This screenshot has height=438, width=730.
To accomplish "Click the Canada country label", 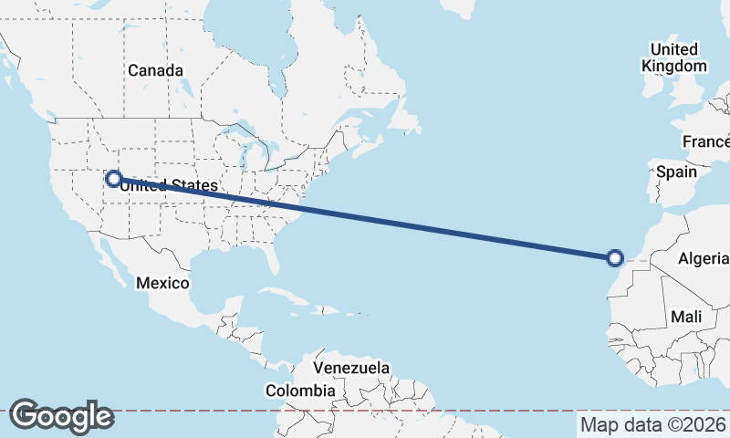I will [x=155, y=70].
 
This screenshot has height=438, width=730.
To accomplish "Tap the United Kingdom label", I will [x=674, y=57].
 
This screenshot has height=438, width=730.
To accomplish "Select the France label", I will [x=707, y=141].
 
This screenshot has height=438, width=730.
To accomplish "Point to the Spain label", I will [x=676, y=172].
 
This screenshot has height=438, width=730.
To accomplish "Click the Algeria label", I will [x=703, y=259].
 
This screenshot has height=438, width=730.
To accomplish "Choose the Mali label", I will [x=685, y=317].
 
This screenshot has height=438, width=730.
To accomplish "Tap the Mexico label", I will [x=162, y=283].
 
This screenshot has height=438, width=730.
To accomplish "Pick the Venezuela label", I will [x=351, y=368].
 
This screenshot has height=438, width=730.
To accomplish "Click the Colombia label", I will [x=300, y=390].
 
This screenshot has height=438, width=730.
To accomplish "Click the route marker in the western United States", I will [x=113, y=179].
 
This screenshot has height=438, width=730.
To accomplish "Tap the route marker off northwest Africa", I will [x=615, y=258].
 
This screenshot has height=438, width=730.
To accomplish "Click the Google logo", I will [x=61, y=416].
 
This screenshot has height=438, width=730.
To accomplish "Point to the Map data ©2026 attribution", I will [x=652, y=424].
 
